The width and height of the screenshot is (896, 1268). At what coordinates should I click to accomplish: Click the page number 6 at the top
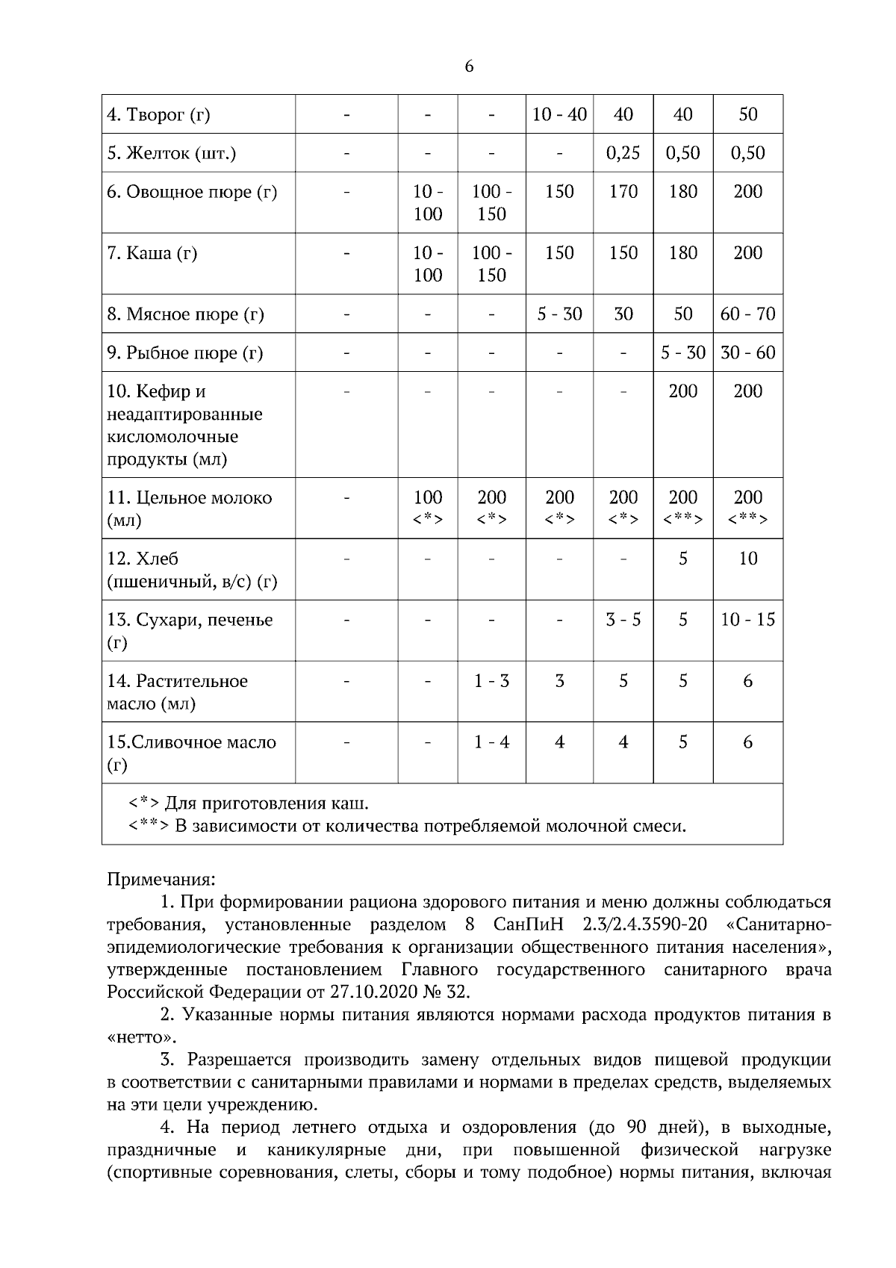pos(469,66)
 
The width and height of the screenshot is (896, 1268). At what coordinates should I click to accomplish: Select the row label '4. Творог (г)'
pos(158,115)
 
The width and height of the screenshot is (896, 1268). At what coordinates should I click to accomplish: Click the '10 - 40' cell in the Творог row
pos(559,114)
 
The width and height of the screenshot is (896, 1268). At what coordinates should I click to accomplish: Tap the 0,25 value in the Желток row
pos(623,153)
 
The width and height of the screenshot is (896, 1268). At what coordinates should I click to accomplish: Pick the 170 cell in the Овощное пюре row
pos(623,192)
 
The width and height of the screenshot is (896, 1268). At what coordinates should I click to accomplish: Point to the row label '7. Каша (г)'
pos(152,253)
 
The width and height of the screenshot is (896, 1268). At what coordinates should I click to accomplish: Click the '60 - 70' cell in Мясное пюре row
pos(747,314)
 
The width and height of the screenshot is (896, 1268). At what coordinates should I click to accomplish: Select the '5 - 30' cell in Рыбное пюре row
pos(682,352)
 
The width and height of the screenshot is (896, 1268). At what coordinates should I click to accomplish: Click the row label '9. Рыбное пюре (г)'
pos(184,352)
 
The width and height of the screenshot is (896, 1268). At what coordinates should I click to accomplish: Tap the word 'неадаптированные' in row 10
pos(184,414)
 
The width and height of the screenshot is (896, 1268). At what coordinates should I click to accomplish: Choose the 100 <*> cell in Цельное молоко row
pos(428,508)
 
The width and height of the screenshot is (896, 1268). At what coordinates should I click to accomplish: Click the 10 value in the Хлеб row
pos(747,559)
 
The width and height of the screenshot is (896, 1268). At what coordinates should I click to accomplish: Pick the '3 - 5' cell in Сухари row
pos(623,620)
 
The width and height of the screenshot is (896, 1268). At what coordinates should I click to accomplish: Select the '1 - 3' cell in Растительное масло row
pos(491,681)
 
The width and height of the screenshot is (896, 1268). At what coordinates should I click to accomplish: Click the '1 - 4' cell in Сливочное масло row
pos(491,742)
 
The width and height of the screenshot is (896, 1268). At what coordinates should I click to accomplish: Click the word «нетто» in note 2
pos(143,1037)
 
